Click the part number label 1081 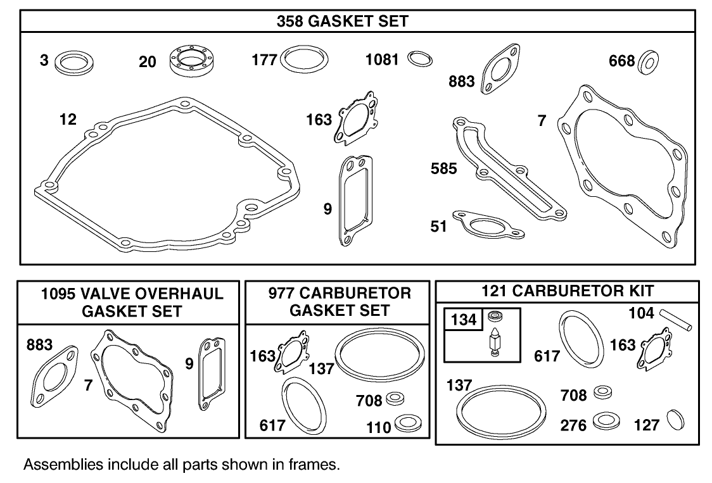(382, 60)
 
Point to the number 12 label (68, 119)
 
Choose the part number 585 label (443, 169)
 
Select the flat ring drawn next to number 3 (73, 63)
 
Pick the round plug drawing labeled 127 (673, 421)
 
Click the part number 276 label (573, 425)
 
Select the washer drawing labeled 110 (404, 423)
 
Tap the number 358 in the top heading (291, 21)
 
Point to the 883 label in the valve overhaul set (39, 345)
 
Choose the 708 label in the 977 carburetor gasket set (369, 401)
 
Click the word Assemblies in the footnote (54, 465)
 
